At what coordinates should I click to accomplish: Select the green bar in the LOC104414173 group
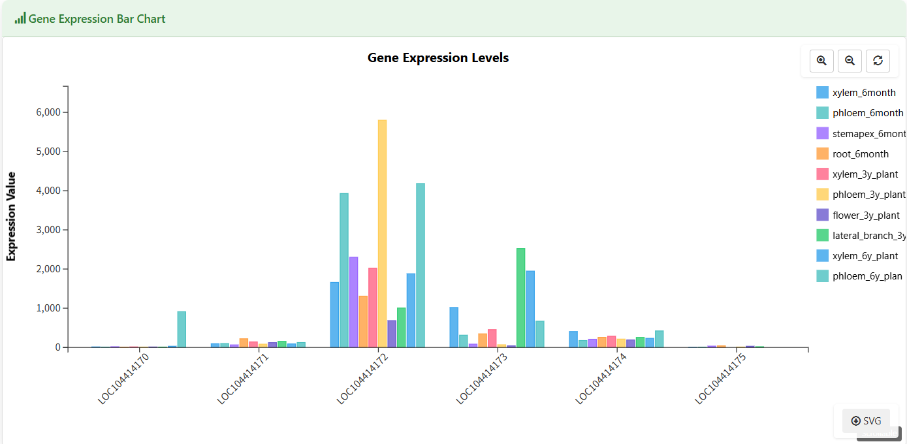tap(520, 298)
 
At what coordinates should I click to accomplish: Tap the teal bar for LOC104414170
tap(182, 329)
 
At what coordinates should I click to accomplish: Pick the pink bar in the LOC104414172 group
tap(372, 307)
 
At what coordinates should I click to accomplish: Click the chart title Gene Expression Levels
tap(438, 57)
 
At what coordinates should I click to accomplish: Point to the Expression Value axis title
tap(11, 217)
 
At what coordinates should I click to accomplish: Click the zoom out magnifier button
tap(850, 61)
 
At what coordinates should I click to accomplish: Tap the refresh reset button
tap(878, 61)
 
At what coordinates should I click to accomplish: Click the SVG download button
tap(866, 420)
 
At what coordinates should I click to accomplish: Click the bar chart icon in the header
tap(20, 18)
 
